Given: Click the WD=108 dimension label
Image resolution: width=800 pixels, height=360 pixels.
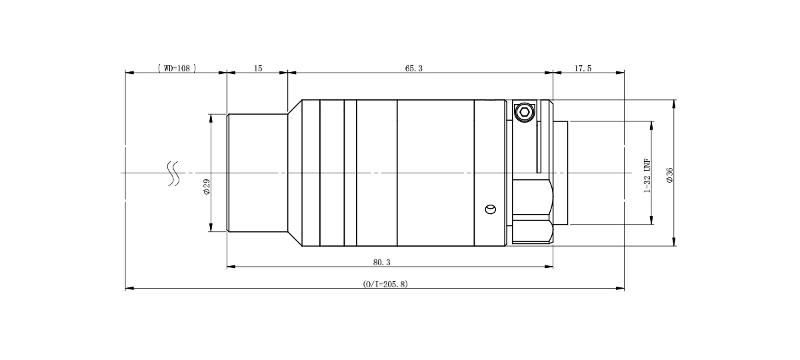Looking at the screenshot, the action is (x=177, y=68).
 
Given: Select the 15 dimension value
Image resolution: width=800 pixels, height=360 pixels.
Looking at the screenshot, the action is (x=258, y=68).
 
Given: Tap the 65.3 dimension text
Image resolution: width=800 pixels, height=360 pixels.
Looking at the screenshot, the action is (x=413, y=68).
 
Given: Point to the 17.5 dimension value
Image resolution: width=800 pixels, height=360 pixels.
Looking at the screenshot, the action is (x=583, y=68).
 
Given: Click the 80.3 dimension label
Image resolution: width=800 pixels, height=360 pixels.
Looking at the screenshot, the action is (x=382, y=263).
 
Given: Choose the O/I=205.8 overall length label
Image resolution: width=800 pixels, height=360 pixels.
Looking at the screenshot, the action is (x=385, y=284).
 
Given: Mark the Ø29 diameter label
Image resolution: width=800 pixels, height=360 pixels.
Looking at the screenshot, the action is (x=207, y=187).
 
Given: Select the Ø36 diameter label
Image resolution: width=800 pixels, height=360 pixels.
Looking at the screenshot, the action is (x=669, y=175).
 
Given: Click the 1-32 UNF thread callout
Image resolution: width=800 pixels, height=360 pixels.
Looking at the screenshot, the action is (x=647, y=176).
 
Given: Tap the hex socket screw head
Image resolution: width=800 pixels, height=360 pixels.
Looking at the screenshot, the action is (x=524, y=112).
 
